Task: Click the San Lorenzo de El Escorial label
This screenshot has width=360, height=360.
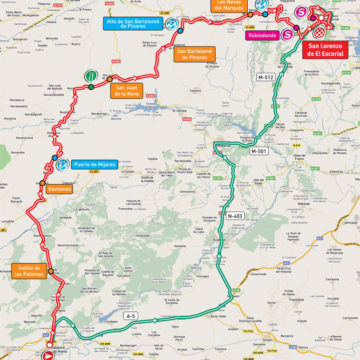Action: [329, 50]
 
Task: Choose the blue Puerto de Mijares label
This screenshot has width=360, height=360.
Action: [96, 163]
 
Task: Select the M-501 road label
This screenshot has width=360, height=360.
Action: [261, 151]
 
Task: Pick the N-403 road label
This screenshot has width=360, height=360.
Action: [235, 216]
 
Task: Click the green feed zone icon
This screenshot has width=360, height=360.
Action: [90, 75]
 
